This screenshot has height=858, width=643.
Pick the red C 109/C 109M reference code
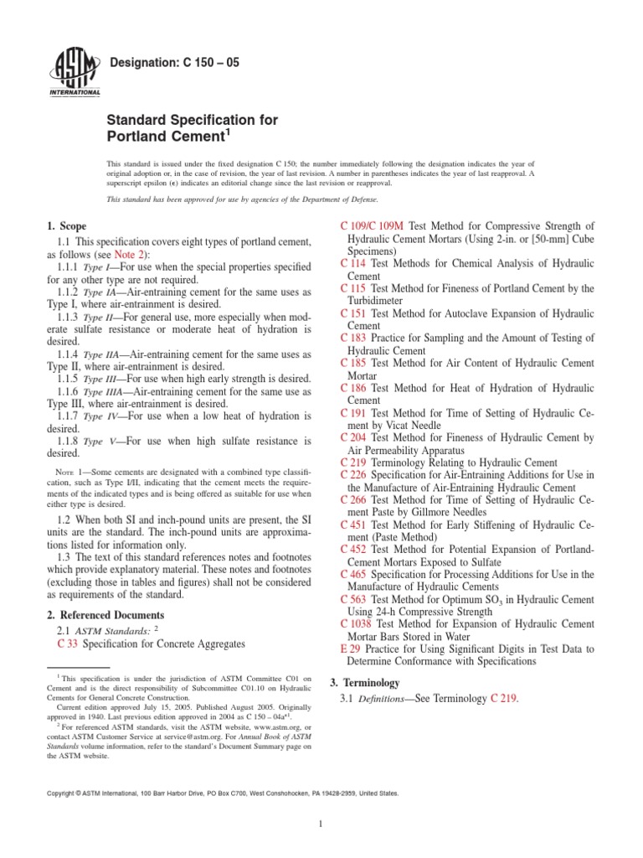pyautogui.click(x=374, y=226)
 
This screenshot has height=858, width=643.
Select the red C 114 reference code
pyautogui.click(x=353, y=263)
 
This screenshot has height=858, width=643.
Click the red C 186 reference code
pyautogui.click(x=353, y=388)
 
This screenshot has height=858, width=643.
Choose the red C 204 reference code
pyautogui.click(x=353, y=437)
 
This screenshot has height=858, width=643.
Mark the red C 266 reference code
pyautogui.click(x=353, y=499)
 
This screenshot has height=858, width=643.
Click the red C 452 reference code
pyautogui.click(x=353, y=549)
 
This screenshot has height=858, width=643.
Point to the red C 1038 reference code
pyautogui.click(x=357, y=623)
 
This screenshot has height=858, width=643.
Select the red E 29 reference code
pyautogui.click(x=351, y=649)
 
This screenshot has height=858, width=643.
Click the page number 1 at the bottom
pyautogui.click(x=321, y=824)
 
